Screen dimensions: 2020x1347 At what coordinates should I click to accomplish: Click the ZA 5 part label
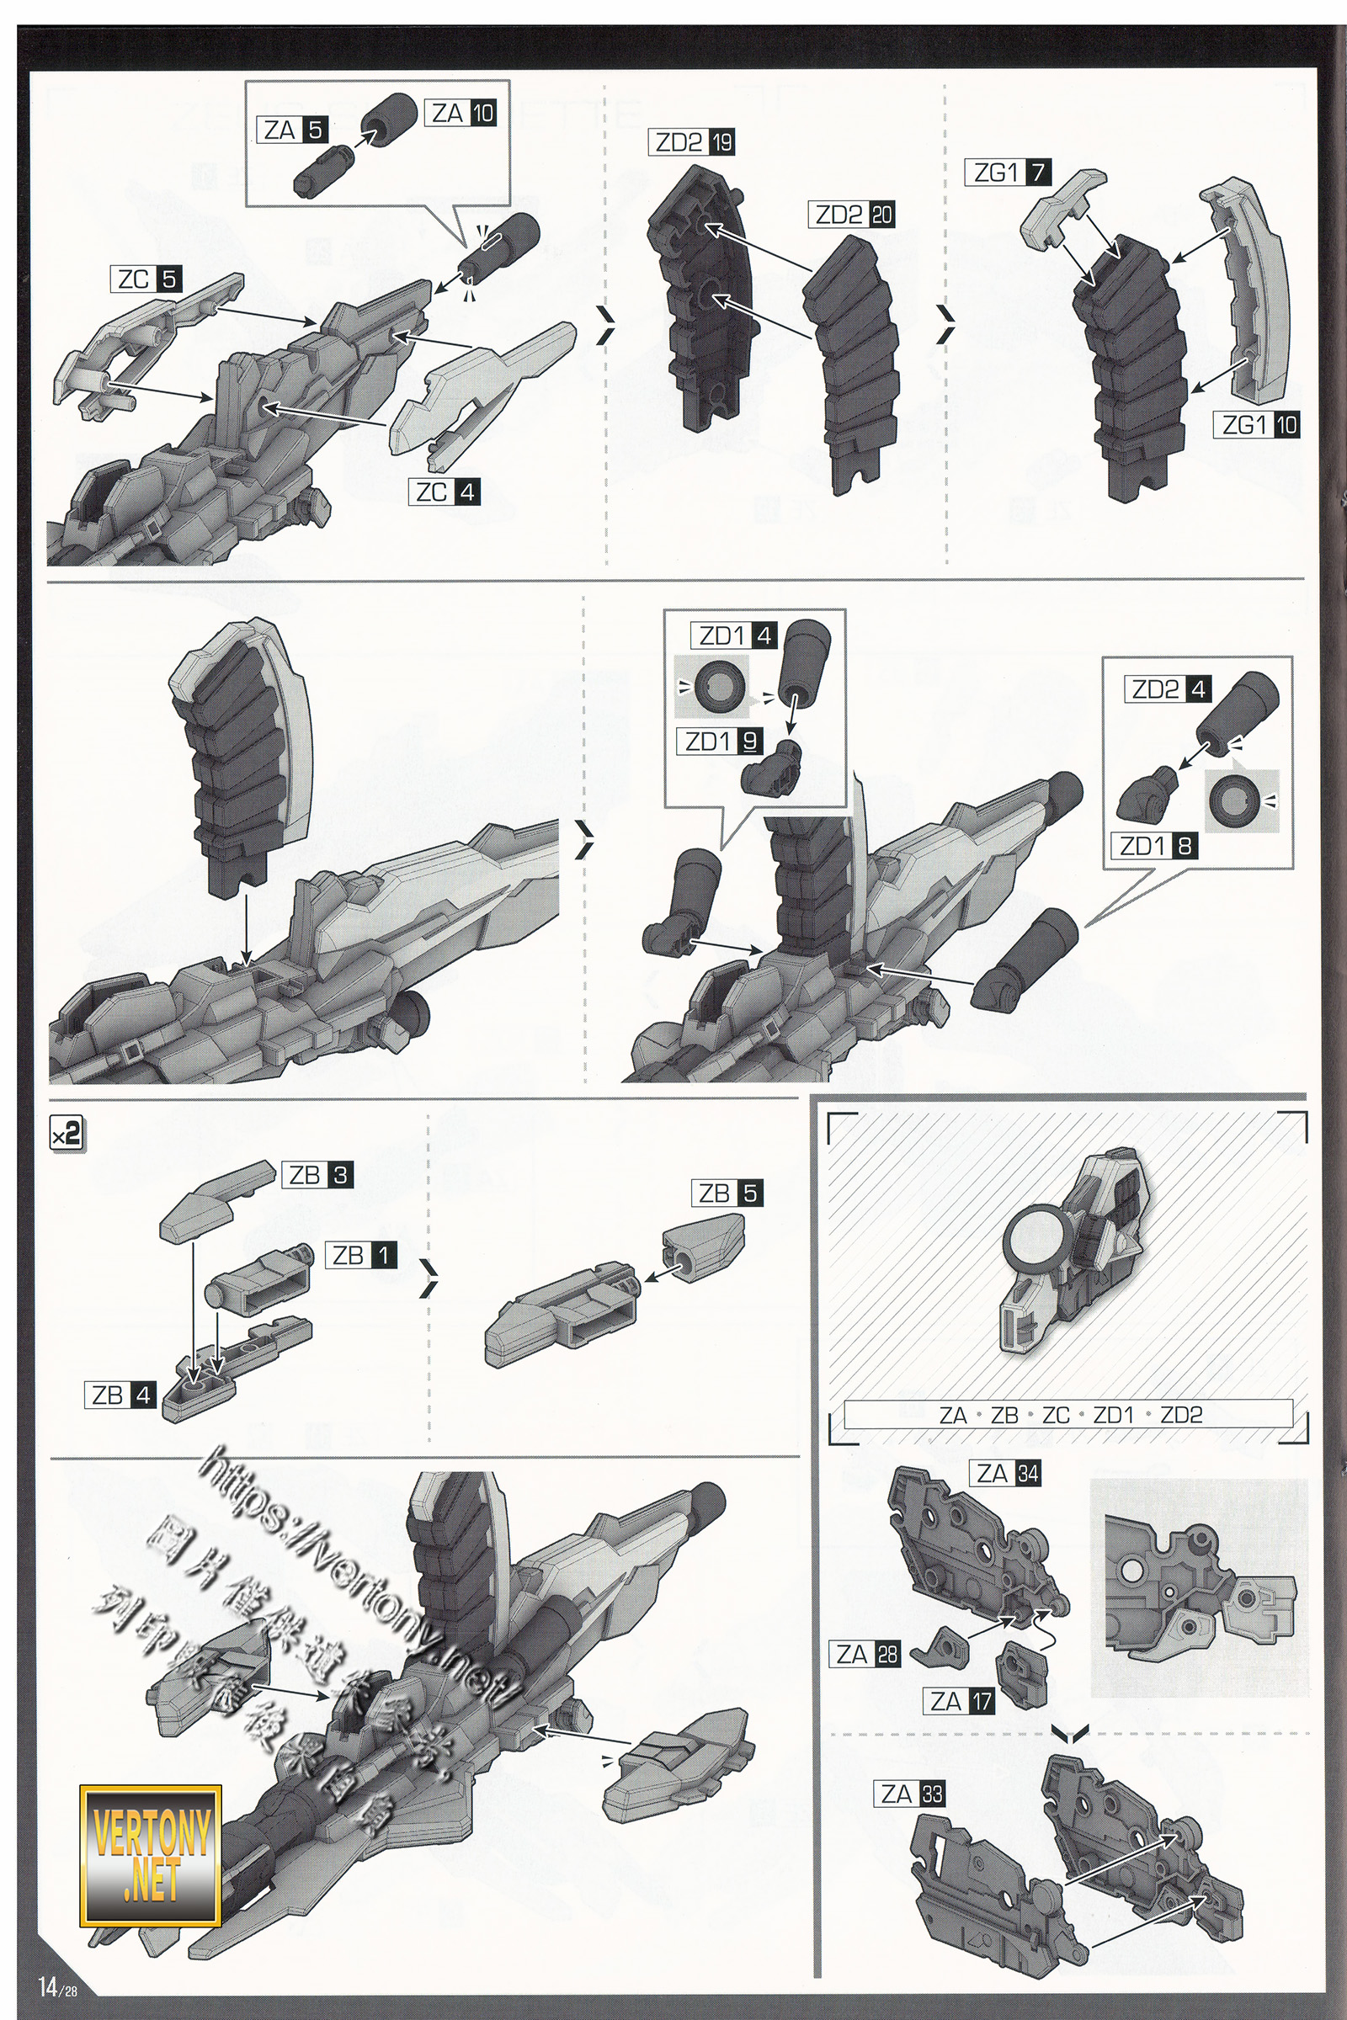click(x=294, y=130)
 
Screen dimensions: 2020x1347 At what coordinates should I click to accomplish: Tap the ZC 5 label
click(x=146, y=280)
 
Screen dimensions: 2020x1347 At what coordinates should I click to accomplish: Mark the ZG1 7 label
click(x=1010, y=173)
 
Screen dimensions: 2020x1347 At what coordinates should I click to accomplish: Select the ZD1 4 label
click(x=734, y=635)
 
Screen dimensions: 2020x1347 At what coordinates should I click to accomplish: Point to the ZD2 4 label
click(x=1168, y=688)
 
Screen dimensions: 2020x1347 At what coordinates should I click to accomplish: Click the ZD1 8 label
click(x=1155, y=846)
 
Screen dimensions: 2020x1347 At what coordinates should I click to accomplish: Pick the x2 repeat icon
click(x=67, y=1135)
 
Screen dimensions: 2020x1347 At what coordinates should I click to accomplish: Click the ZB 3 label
click(x=318, y=1175)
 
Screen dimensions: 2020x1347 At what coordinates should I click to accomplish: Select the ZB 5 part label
click(x=727, y=1193)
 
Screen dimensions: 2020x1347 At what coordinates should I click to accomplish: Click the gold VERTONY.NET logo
click(x=152, y=1856)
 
